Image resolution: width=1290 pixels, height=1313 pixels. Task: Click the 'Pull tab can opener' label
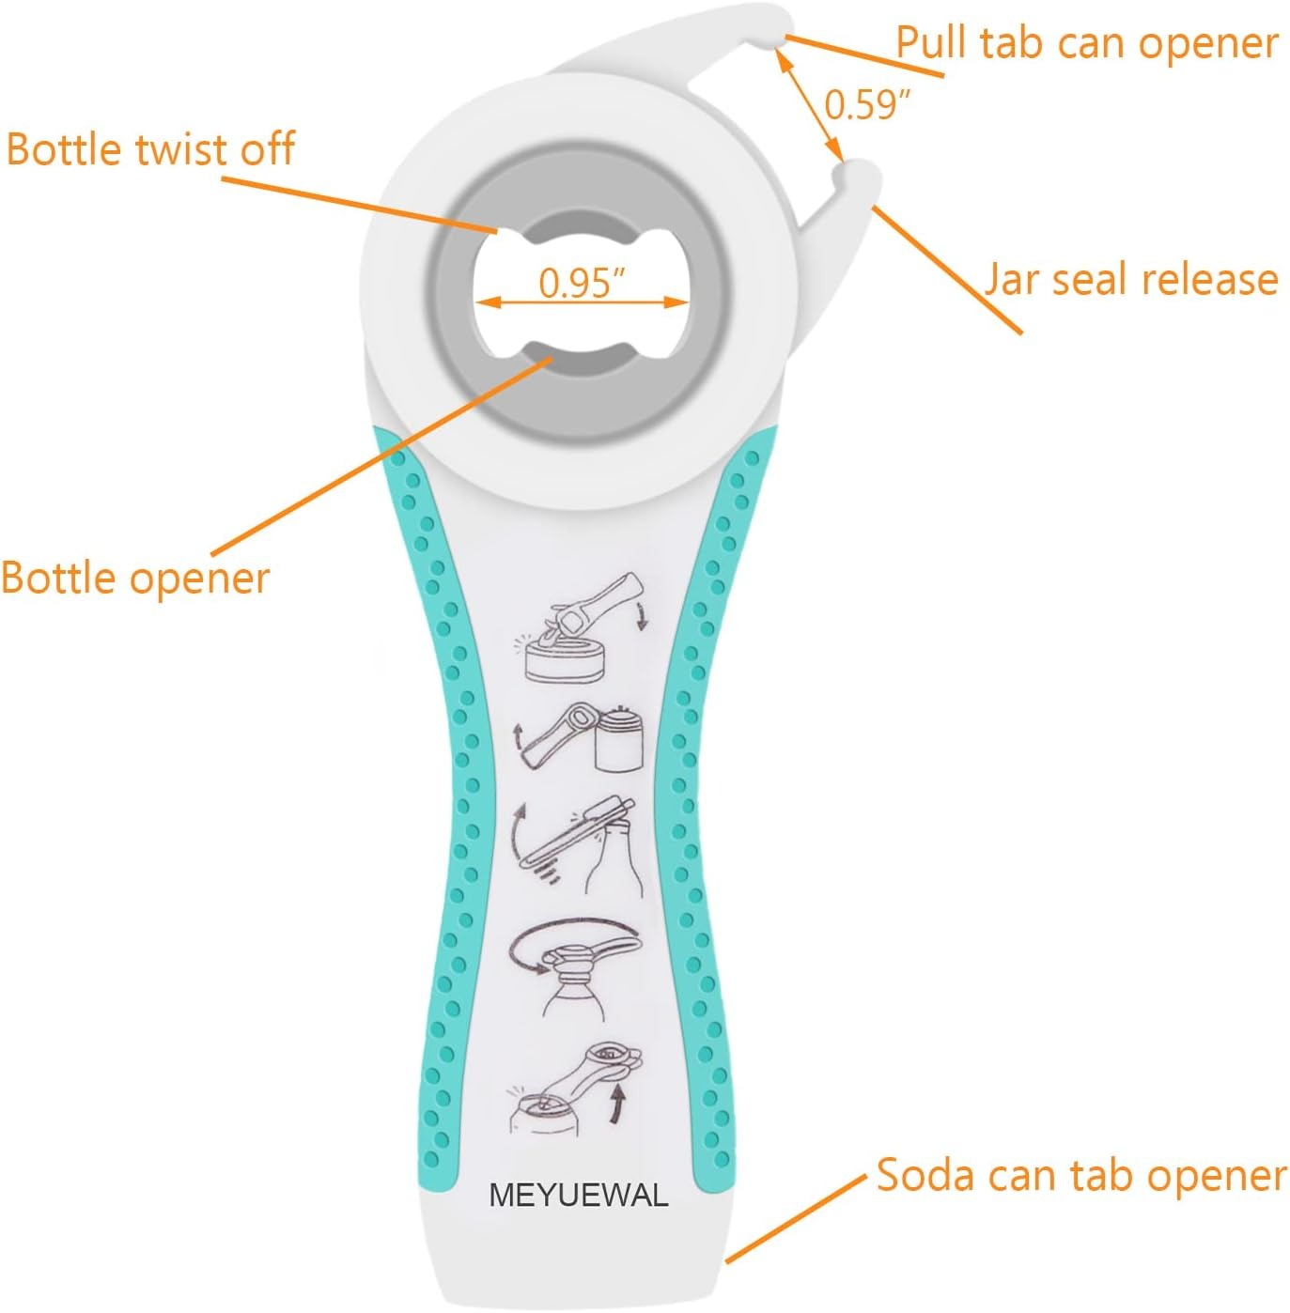(1086, 43)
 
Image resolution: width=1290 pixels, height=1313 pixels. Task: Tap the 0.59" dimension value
(867, 104)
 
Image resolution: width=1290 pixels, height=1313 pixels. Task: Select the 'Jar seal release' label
(1130, 279)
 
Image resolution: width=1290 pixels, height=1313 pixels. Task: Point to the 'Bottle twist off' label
(150, 149)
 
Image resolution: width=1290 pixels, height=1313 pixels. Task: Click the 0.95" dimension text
(582, 281)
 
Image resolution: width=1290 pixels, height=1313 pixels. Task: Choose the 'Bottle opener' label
(134, 577)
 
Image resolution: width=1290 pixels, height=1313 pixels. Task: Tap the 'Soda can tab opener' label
(1080, 1175)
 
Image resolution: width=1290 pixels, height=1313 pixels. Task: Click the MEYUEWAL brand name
(579, 1195)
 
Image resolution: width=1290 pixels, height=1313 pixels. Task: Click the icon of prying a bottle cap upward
(576, 843)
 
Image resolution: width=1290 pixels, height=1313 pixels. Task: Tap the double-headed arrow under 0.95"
(582, 302)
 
